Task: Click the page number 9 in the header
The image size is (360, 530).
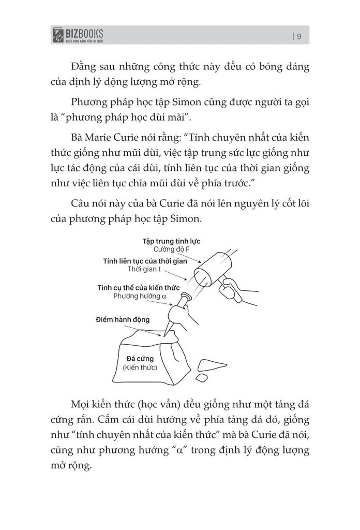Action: pos(300,36)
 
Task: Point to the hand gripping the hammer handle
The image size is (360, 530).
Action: pos(235,292)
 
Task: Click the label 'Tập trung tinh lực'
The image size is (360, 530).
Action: pos(171,241)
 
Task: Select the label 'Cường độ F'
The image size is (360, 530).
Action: pos(160,249)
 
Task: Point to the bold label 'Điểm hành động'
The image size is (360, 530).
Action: pos(123,319)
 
